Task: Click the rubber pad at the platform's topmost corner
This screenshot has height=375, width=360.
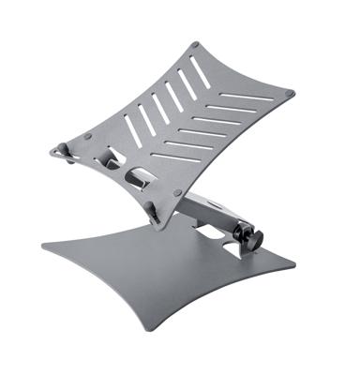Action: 194,44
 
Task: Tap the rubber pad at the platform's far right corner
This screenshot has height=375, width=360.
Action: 289,92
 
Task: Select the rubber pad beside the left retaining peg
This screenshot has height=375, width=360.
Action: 87,136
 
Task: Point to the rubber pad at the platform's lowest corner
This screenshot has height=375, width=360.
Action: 176,193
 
